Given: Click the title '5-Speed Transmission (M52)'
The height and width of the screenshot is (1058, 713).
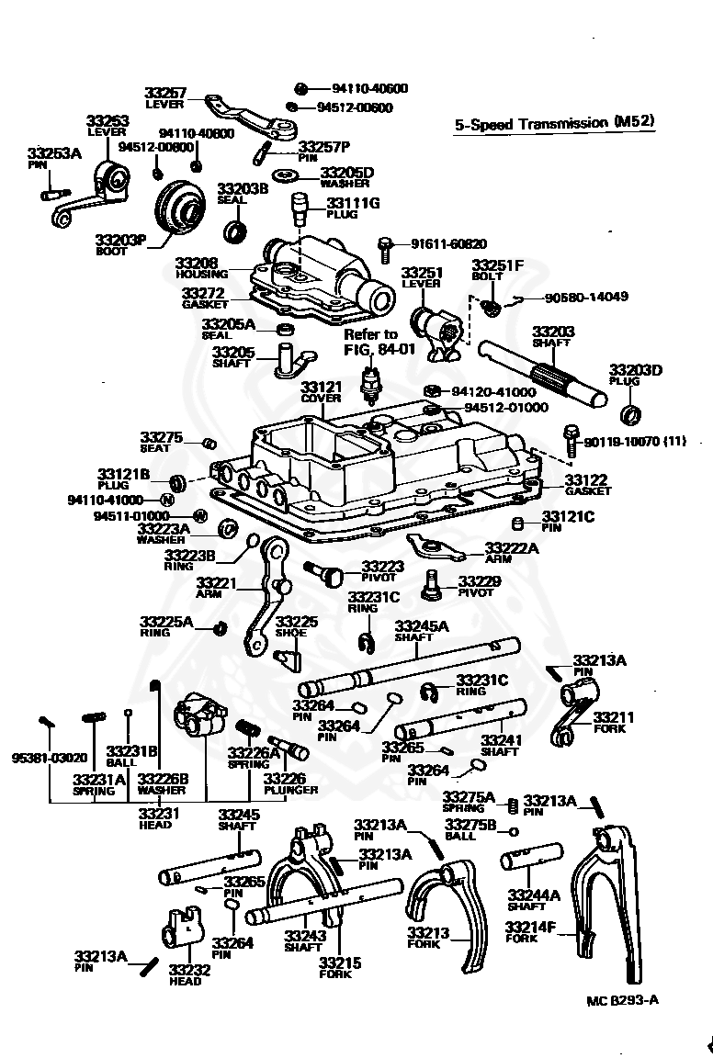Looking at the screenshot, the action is (x=554, y=123).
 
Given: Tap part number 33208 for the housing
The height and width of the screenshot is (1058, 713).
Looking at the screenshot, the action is (x=196, y=262).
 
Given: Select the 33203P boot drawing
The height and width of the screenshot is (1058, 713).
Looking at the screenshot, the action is (x=180, y=207).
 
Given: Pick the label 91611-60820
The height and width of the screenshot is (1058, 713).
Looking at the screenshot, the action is (x=448, y=243).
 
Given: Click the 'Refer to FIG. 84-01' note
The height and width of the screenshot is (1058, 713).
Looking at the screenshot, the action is (x=370, y=342).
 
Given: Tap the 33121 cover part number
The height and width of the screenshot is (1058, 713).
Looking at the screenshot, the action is (x=321, y=387).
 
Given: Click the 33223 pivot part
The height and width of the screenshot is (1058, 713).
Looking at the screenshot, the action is (x=324, y=573).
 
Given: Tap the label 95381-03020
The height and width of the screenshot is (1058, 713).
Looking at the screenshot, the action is (x=50, y=757).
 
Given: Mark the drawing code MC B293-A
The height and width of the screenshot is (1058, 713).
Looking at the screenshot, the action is (x=623, y=1000).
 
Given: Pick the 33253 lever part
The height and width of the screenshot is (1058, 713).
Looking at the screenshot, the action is (x=95, y=195).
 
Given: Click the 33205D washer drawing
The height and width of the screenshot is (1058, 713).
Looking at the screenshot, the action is (x=287, y=176).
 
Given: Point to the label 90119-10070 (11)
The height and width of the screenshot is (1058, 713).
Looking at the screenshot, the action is (x=635, y=441).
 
